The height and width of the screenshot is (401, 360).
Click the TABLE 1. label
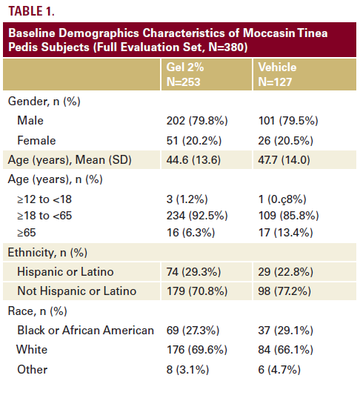point(31,11)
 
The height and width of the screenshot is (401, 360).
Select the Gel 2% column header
point(185,74)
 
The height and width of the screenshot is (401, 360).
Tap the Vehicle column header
point(277,74)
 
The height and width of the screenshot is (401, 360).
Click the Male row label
point(30,121)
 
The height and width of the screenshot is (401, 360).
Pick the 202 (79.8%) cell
point(197,121)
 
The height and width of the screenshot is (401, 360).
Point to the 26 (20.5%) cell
point(285,141)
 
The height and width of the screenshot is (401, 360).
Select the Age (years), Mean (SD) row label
point(70,160)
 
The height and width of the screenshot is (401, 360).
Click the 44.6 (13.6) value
point(193,160)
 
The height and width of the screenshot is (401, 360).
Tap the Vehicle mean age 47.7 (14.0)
point(284,160)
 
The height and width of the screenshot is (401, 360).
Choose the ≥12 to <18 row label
point(44,199)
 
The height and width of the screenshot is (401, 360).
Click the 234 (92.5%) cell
point(197,216)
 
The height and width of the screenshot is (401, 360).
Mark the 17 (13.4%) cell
point(285,233)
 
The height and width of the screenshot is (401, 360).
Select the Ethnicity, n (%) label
point(47,253)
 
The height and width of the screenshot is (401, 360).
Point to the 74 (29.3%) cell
point(193,272)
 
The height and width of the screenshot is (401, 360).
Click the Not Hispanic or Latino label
point(76,291)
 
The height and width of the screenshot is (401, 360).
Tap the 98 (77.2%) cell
point(284,291)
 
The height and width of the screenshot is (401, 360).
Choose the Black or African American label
point(86,330)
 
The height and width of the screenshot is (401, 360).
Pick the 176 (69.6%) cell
point(197,350)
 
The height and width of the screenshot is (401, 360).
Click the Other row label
point(32,370)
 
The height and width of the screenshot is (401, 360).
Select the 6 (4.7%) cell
point(279,370)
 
